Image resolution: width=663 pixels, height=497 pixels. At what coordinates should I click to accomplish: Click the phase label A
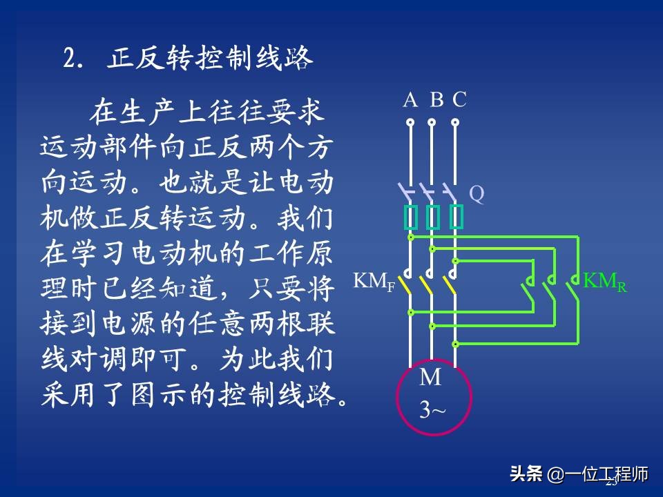coord(410,101)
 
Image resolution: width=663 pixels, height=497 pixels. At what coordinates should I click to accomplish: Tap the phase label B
coord(436,101)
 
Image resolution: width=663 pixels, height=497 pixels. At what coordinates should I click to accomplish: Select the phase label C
coord(459,101)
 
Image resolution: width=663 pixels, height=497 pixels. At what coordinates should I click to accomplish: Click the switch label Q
coord(477,195)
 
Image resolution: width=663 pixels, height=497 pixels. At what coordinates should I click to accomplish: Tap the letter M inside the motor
coord(431,378)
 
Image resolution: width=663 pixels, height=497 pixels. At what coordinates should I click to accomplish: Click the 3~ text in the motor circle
coord(432,410)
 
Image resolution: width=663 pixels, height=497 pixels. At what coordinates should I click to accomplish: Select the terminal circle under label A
coord(410,122)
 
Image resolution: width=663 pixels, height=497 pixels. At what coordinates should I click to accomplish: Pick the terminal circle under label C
coord(455,122)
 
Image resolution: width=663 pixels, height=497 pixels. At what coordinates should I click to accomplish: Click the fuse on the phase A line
coord(410,217)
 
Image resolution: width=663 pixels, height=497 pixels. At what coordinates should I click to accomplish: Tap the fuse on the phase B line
coord(433,217)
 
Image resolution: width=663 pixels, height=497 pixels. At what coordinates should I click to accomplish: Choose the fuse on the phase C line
coord(456,217)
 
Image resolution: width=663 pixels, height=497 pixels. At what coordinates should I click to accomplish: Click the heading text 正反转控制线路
coord(211,59)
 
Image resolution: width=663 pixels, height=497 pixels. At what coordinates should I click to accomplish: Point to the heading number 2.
coord(69,59)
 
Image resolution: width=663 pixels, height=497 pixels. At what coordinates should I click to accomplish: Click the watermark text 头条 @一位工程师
coord(579,474)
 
